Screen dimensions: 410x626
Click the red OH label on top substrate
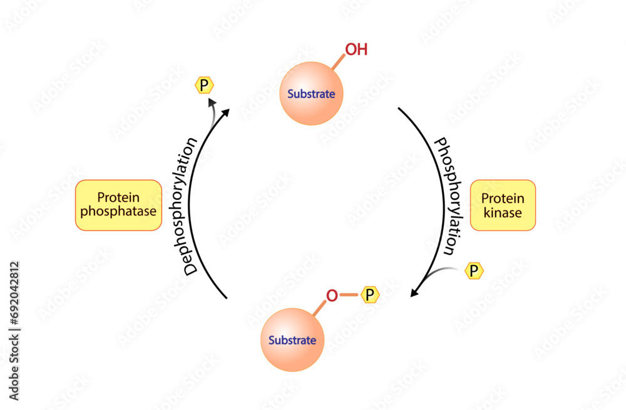(x=356, y=49)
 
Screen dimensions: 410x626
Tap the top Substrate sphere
(x=311, y=94)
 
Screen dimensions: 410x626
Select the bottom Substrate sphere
(x=292, y=341)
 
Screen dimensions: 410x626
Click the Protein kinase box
(x=503, y=206)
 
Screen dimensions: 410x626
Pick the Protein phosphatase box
(x=118, y=206)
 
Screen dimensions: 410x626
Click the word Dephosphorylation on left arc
(x=190, y=206)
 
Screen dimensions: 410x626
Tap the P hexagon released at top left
(x=204, y=85)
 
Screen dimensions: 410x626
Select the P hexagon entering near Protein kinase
(x=474, y=271)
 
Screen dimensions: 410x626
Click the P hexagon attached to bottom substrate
(x=371, y=294)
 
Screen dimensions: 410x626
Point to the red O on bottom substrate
(x=332, y=294)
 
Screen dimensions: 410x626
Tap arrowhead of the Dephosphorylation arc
(x=225, y=111)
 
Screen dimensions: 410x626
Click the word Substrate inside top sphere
(x=311, y=95)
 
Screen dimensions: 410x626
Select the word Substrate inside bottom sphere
(x=292, y=341)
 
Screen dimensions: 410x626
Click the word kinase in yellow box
(x=503, y=212)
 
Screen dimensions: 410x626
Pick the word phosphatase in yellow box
(x=118, y=212)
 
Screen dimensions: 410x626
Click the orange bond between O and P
(x=351, y=294)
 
